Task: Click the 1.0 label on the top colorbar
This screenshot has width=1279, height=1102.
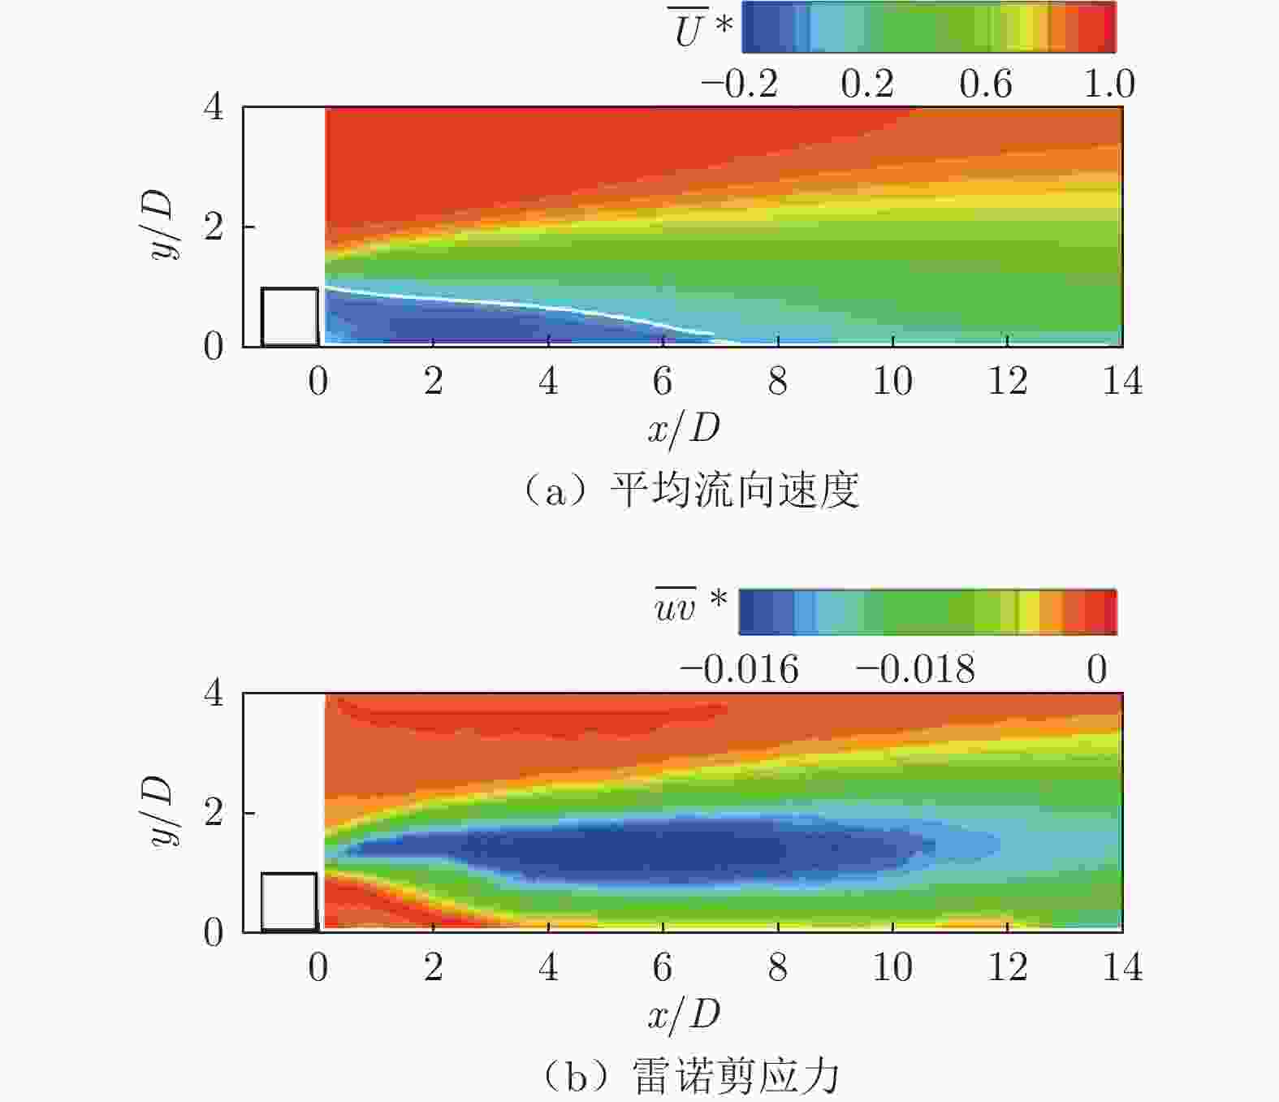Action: click(x=1109, y=84)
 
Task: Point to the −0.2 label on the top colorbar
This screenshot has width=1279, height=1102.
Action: click(x=739, y=84)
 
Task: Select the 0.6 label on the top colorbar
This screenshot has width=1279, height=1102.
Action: click(x=985, y=84)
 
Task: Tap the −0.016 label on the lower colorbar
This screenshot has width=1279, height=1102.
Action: click(x=739, y=670)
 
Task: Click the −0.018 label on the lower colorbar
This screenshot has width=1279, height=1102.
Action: click(x=915, y=670)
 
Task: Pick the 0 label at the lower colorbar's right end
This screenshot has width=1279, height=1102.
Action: click(x=1097, y=670)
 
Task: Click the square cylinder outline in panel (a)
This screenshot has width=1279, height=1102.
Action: click(x=290, y=317)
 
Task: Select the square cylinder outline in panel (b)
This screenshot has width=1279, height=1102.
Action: click(x=290, y=901)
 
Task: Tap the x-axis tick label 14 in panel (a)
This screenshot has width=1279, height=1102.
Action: click(x=1122, y=382)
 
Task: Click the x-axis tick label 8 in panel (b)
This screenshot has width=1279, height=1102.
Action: click(x=778, y=967)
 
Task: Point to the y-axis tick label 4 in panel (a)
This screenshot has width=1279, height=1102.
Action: click(x=213, y=106)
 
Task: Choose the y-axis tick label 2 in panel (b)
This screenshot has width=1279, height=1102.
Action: click(x=213, y=812)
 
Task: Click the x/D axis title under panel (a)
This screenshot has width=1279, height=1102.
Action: click(x=684, y=428)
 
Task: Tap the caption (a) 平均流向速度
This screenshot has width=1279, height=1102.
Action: click(x=690, y=490)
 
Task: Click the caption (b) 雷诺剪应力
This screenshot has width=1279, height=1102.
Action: click(x=690, y=1077)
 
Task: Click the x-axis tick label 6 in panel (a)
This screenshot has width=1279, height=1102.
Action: click(x=663, y=382)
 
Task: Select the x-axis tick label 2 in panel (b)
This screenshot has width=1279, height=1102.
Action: click(x=434, y=967)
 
